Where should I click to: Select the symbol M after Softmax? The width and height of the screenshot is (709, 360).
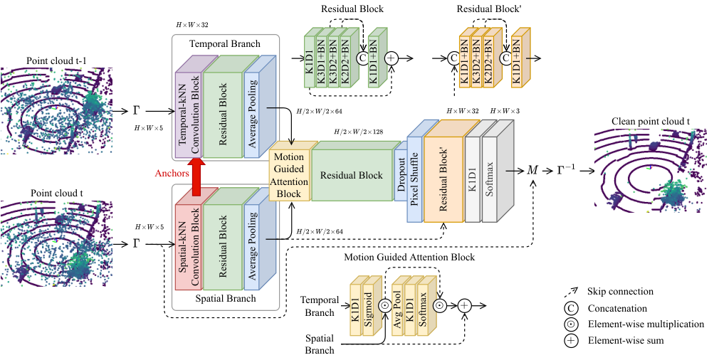point(532,171)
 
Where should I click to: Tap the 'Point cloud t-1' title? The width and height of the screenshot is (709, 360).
point(53,60)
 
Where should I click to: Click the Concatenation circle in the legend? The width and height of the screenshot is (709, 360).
point(571,309)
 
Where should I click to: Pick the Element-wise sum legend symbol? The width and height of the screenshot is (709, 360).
point(571,341)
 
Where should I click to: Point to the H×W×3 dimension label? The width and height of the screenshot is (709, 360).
point(505,111)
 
